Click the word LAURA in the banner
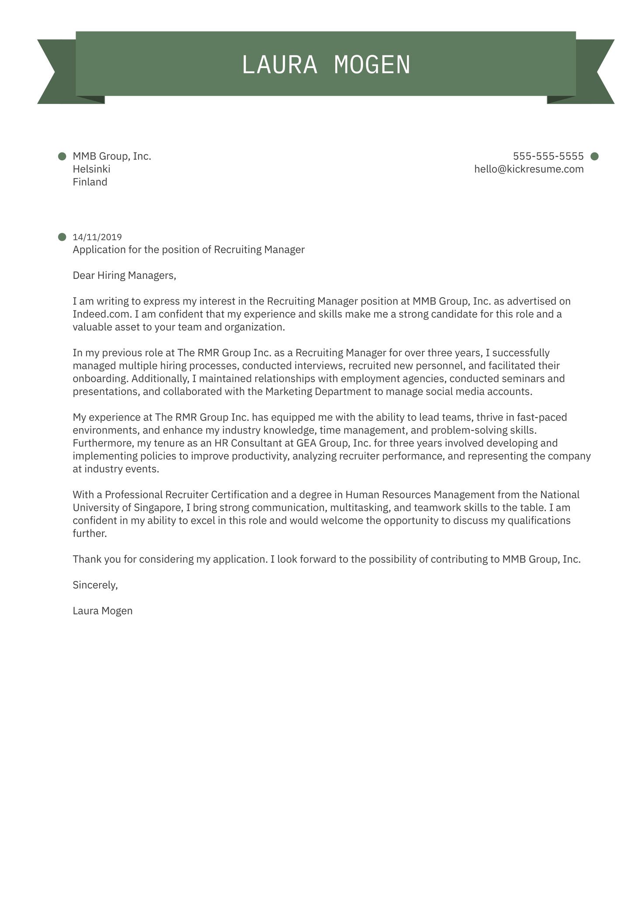pyautogui.click(x=279, y=65)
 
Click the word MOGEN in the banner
pyautogui.click(x=372, y=65)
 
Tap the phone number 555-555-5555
pyautogui.click(x=548, y=156)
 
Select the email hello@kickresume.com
pyautogui.click(x=529, y=169)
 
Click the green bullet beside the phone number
pyautogui.click(x=594, y=156)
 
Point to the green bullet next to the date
pyautogui.click(x=62, y=237)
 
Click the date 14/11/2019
pyautogui.click(x=97, y=237)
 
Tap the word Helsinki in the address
pyautogui.click(x=91, y=169)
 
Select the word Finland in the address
pyautogui.click(x=90, y=182)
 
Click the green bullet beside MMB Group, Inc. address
pyautogui.click(x=62, y=156)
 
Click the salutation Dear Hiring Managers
pyautogui.click(x=124, y=275)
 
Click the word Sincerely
pyautogui.click(x=95, y=585)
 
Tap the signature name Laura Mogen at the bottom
pyautogui.click(x=103, y=611)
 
